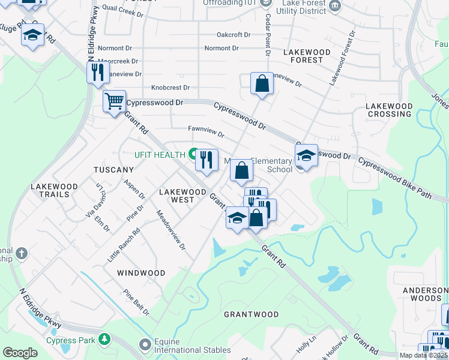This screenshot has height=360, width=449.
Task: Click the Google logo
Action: [x=20, y=353]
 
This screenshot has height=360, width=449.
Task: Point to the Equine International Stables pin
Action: [x=145, y=345]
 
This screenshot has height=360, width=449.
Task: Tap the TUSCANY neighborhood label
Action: [x=113, y=170]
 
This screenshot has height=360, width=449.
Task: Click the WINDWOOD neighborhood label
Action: [x=141, y=273]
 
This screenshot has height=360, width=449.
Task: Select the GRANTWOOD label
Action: [x=251, y=314]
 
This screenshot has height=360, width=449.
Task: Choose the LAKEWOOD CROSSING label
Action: [x=390, y=110]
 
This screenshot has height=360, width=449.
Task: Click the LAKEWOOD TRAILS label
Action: [x=54, y=190]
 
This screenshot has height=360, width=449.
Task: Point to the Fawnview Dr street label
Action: [x=206, y=131]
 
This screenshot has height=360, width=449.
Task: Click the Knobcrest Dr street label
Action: [x=170, y=88]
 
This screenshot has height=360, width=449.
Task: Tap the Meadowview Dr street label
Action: [x=171, y=230]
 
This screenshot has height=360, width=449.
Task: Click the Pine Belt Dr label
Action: [x=137, y=303]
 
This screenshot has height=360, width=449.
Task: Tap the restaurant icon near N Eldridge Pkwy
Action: [x=97, y=73]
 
